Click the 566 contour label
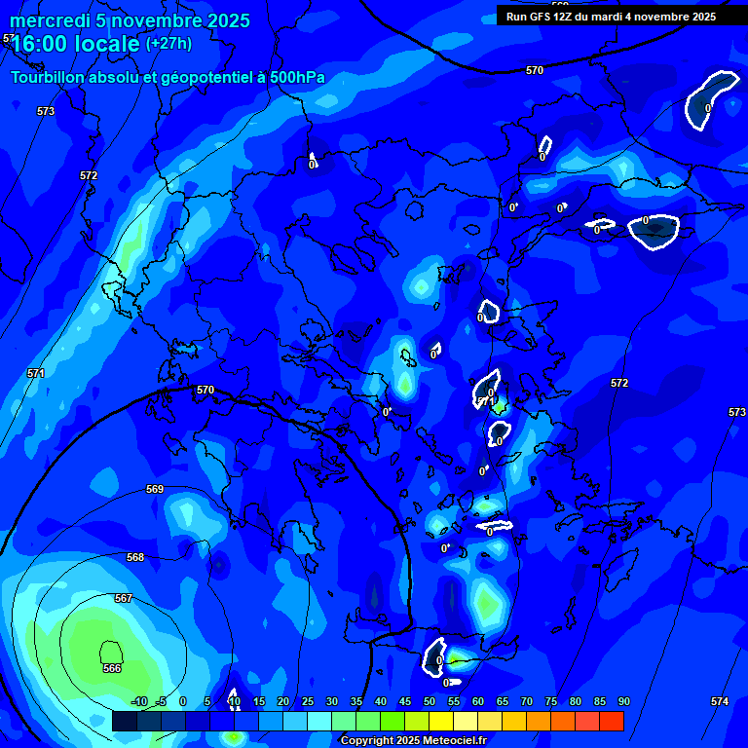tap(112, 668)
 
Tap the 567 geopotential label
tap(123, 598)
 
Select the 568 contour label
tap(135, 557)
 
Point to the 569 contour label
tap(154, 489)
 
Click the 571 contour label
tap(36, 373)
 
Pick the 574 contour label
tap(719, 701)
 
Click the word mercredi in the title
tap(50, 21)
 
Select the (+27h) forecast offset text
tap(168, 44)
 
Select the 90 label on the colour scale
tap(623, 701)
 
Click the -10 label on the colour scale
tap(138, 701)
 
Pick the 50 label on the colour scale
tap(430, 701)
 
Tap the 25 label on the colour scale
tap(307, 701)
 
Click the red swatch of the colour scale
tap(611, 721)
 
